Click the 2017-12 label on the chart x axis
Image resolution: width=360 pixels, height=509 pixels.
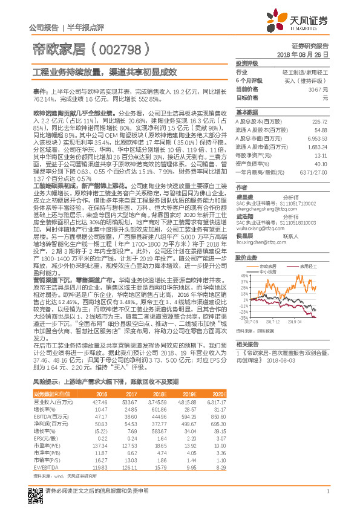[x=273, y=322]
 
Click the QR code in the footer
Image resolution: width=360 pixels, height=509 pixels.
[x=34, y=490]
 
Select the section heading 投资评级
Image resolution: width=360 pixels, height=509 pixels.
[x=247, y=63]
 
